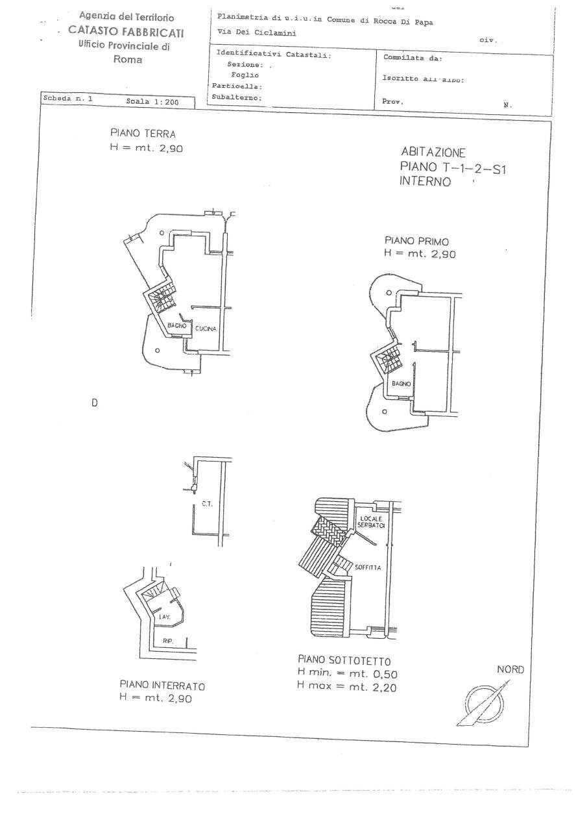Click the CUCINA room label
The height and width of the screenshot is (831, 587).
(x=205, y=329)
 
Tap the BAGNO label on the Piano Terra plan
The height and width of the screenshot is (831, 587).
(x=176, y=325)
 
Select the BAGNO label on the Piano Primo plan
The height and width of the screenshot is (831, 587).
(x=401, y=384)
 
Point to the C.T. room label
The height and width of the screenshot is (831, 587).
(x=208, y=504)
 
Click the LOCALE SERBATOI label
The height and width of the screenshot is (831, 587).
(x=372, y=522)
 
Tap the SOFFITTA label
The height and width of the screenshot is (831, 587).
(x=367, y=567)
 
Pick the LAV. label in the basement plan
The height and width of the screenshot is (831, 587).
(x=165, y=617)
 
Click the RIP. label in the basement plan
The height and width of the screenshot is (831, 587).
(x=168, y=641)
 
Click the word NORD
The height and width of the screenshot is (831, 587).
(x=510, y=670)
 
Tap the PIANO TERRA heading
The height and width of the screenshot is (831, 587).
(x=143, y=134)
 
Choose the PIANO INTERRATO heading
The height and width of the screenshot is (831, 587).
(x=163, y=685)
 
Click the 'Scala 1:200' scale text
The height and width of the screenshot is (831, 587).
(x=151, y=102)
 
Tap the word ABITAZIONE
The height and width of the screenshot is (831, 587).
(x=433, y=153)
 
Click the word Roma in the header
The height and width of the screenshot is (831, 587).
(x=128, y=60)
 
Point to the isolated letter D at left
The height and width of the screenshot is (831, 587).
(x=94, y=403)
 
